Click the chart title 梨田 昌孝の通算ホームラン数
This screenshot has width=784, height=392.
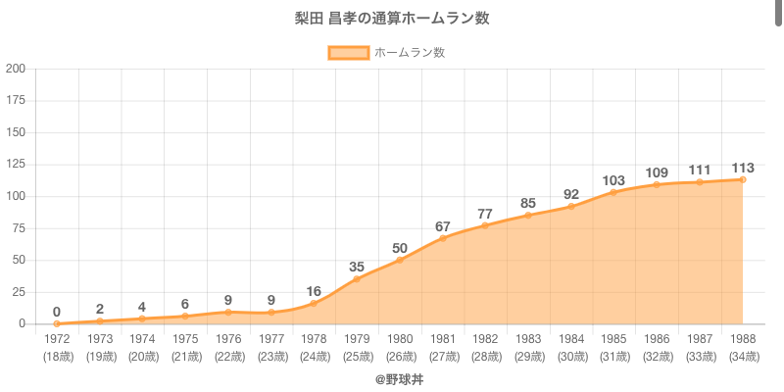pyautogui.click(x=392, y=19)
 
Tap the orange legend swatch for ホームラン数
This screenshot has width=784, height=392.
pyautogui.click(x=348, y=53)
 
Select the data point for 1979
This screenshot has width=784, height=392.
pyautogui.click(x=357, y=279)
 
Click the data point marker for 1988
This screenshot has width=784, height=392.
pyautogui.click(x=743, y=179)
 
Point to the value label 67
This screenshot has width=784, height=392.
pyautogui.click(x=443, y=226)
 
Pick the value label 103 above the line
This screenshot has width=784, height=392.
pyautogui.click(x=613, y=180)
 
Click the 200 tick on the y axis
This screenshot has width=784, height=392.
pyautogui.click(x=16, y=69)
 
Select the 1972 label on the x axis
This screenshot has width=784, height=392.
pyautogui.click(x=57, y=339)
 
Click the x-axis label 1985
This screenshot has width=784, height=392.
pyautogui.click(x=614, y=339)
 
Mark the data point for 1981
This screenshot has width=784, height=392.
pyautogui.click(x=443, y=238)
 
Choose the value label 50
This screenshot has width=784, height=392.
pyautogui.click(x=400, y=248)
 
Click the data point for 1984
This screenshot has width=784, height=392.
pyautogui.click(x=571, y=206)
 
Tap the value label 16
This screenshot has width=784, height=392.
pyautogui.click(x=314, y=291)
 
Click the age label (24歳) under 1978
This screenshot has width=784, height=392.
pyautogui.click(x=314, y=356)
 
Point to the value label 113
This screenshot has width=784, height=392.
pyautogui.click(x=742, y=168)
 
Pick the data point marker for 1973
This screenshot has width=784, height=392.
pyautogui.click(x=100, y=320)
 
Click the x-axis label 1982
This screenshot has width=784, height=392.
pyautogui.click(x=486, y=339)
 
